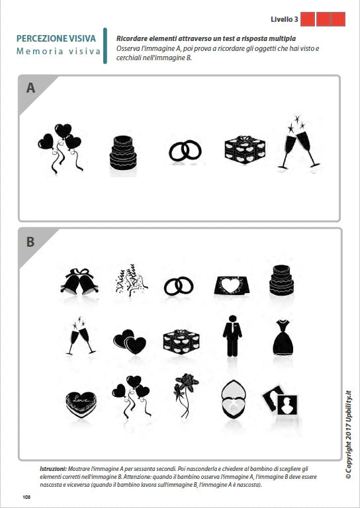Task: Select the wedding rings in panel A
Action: coord(185,151)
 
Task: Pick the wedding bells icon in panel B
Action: coord(79,282)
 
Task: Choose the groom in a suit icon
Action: coord(232,336)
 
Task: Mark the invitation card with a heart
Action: coord(232,284)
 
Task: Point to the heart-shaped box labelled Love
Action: coord(80,403)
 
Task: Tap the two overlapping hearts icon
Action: coord(130,342)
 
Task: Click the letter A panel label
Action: coord(30,88)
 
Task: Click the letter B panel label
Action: coord(30,242)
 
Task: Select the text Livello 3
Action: coord(283,19)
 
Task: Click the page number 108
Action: coord(26,497)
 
